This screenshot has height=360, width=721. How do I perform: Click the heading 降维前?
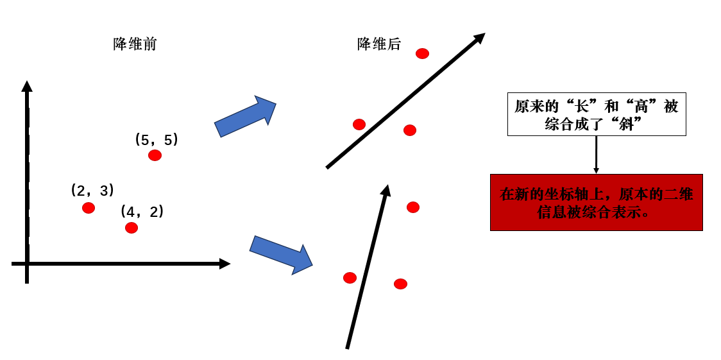[x=135, y=44]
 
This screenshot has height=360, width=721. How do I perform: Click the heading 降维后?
[x=379, y=44]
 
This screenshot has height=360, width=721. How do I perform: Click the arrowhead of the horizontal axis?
[x=225, y=264]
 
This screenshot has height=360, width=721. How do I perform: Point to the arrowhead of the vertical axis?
[x=27, y=86]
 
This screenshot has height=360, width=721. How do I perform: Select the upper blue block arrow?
[x=245, y=116]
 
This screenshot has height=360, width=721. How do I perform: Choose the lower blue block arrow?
[x=281, y=255]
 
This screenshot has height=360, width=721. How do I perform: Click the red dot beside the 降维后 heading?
[x=422, y=54]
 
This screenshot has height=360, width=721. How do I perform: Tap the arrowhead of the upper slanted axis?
[x=479, y=38]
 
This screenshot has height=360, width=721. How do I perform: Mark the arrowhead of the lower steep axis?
[x=386, y=191]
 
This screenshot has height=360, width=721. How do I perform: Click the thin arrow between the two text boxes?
[x=597, y=155]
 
